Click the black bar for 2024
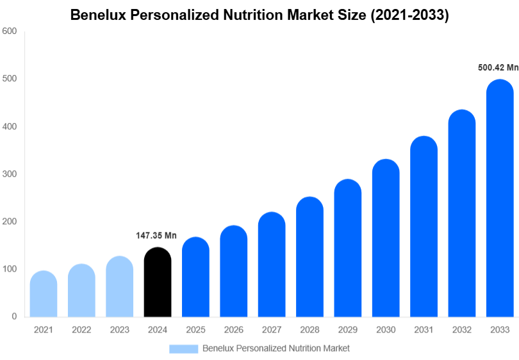pyautogui.click(x=158, y=282)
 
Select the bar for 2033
pyautogui.click(x=500, y=199)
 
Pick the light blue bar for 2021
pyautogui.click(x=44, y=294)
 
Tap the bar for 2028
pyautogui.click(x=309, y=257)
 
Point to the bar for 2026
pyautogui.click(x=234, y=272)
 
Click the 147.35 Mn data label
pyautogui.click(x=156, y=236)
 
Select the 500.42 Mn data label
pyautogui.click(x=498, y=67)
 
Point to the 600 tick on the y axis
pyautogui.click(x=9, y=31)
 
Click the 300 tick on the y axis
pyautogui.click(x=9, y=174)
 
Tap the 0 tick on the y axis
pyautogui.click(x=13, y=316)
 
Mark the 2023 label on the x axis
pyautogui.click(x=119, y=330)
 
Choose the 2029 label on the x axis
pyautogui.click(x=347, y=330)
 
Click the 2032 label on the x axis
pyautogui.click(x=461, y=330)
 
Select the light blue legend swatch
pyautogui.click(x=183, y=348)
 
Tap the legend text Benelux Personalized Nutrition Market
pyautogui.click(x=276, y=348)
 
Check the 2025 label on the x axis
pyautogui.click(x=195, y=330)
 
